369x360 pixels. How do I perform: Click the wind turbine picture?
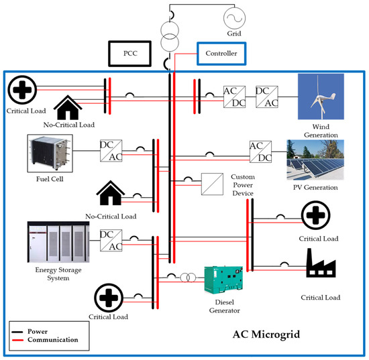[321, 97]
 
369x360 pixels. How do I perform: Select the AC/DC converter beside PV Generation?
[260, 151]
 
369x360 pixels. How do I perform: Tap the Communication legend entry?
[54, 339]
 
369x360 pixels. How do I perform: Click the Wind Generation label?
[320, 133]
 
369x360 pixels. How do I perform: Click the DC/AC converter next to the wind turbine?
[267, 96]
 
